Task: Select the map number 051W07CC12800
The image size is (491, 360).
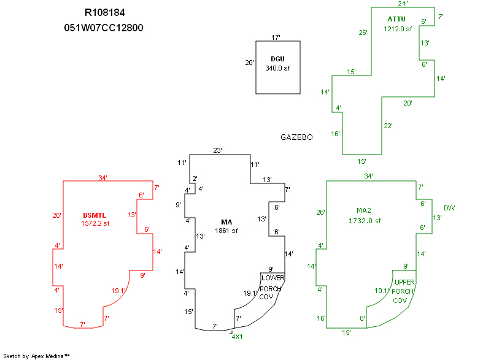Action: point(104,28)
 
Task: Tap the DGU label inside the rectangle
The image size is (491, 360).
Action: point(277,59)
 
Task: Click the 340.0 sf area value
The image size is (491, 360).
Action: point(277,68)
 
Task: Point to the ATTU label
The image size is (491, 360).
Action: point(396,19)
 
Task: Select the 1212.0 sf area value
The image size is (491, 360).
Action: point(398,29)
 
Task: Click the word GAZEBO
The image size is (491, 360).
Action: point(296,137)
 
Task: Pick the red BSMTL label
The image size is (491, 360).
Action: point(95,215)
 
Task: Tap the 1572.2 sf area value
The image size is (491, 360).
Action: point(95,224)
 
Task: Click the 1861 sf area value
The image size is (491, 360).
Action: point(226,231)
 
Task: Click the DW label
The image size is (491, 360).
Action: point(449,208)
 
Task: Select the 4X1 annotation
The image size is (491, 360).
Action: point(237,336)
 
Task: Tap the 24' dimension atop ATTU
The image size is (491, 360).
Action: point(403,3)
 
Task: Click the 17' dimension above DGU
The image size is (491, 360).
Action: point(276,37)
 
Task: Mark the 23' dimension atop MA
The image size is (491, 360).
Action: point(217,150)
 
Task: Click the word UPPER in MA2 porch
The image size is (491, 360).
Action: point(404,282)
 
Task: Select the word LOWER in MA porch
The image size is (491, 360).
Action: point(273,278)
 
